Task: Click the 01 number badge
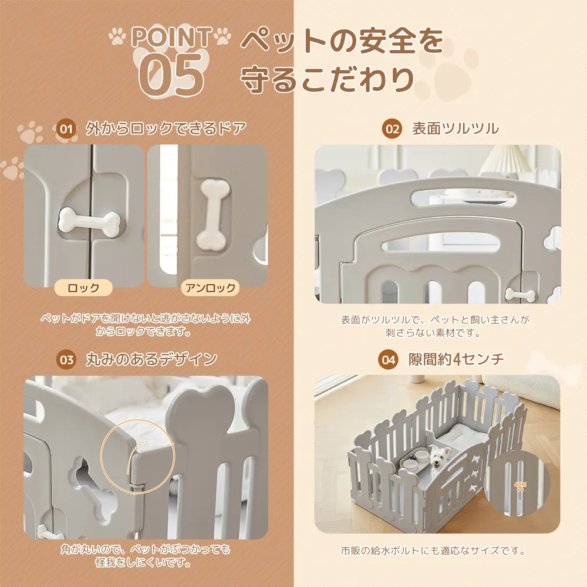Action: pos(66,129)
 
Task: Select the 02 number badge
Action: pos(392,129)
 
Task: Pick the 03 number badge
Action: pos(66,360)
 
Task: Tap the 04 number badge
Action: pos(388,360)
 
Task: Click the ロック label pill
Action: pos(83,288)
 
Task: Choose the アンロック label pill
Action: pos(210,288)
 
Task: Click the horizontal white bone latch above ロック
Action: pos(89,222)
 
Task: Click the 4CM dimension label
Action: pos(520,484)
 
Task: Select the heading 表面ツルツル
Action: pos(456,129)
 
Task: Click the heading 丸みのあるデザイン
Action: pos(151,359)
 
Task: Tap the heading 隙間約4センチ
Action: pos(456,359)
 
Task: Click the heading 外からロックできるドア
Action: pos(166,129)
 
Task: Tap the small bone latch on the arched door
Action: pos(520,295)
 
